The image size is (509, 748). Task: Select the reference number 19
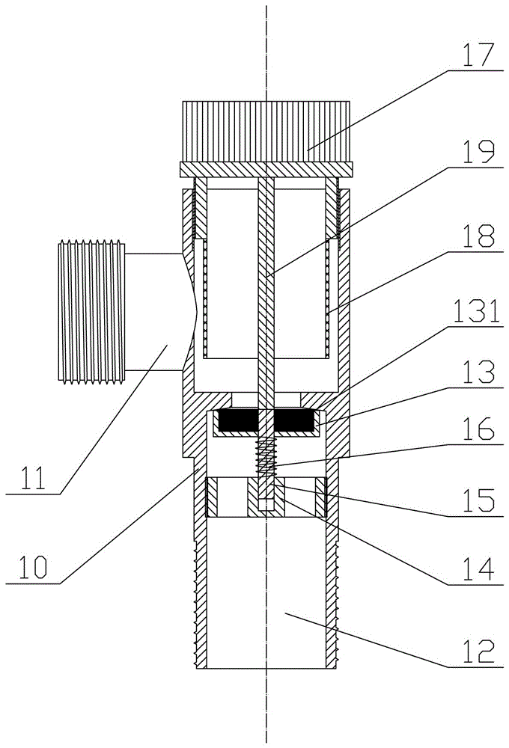pyautogui.click(x=478, y=154)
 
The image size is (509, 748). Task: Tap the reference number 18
pyautogui.click(x=478, y=238)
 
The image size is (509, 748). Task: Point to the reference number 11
pyautogui.click(x=33, y=476)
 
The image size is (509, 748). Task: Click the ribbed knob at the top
pyautogui.click(x=266, y=130)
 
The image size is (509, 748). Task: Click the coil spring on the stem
pyautogui.click(x=266, y=456)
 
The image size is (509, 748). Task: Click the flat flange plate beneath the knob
pyautogui.click(x=266, y=170)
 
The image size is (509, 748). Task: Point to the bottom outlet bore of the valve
pyautogui.click(x=266, y=598)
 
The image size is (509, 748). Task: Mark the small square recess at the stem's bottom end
pyautogui.click(x=266, y=506)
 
